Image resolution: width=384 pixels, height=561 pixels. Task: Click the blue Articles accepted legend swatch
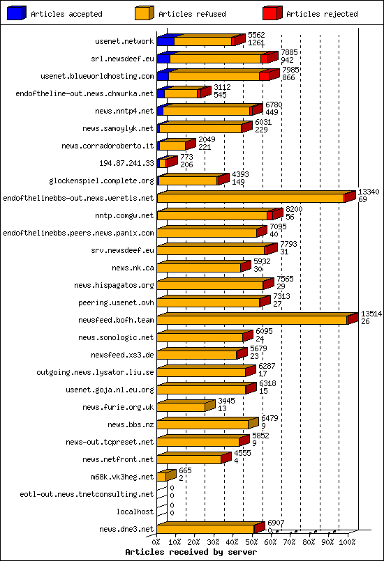click(17, 13)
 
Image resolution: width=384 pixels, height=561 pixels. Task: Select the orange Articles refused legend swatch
click(144, 13)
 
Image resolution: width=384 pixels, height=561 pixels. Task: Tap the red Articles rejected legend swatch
click(272, 13)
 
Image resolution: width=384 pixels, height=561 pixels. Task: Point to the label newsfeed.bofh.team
click(116, 320)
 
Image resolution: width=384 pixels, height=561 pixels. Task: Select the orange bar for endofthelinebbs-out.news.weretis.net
click(251, 199)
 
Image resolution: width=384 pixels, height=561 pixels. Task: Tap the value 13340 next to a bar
click(368, 192)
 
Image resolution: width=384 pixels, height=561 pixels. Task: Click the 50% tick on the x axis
click(251, 541)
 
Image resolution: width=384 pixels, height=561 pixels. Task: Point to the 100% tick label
click(347, 541)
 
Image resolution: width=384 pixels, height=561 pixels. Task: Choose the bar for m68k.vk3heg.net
click(161, 477)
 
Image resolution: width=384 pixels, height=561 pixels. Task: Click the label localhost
click(135, 512)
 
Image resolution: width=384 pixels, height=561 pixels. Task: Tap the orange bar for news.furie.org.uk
click(181, 407)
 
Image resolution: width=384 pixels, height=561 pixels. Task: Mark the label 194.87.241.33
click(126, 163)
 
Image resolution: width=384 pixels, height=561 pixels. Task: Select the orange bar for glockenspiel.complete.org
click(188, 181)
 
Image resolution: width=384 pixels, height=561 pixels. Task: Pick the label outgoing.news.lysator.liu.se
click(95, 372)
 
